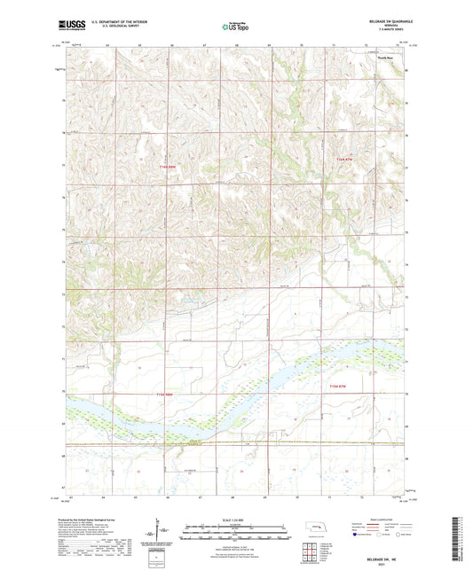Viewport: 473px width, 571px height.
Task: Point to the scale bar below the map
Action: click(236, 533)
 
